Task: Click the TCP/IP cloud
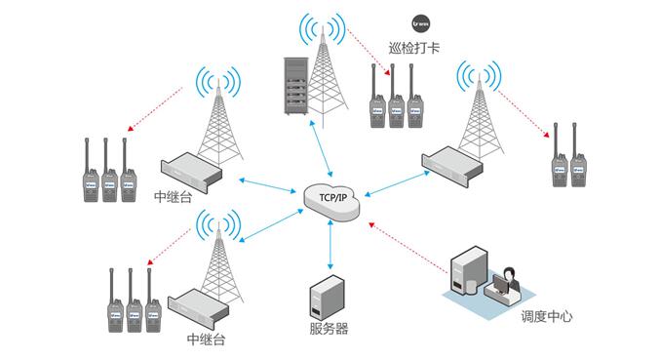330,199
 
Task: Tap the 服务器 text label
327,329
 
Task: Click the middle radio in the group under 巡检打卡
397,100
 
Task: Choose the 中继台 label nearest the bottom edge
206,340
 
